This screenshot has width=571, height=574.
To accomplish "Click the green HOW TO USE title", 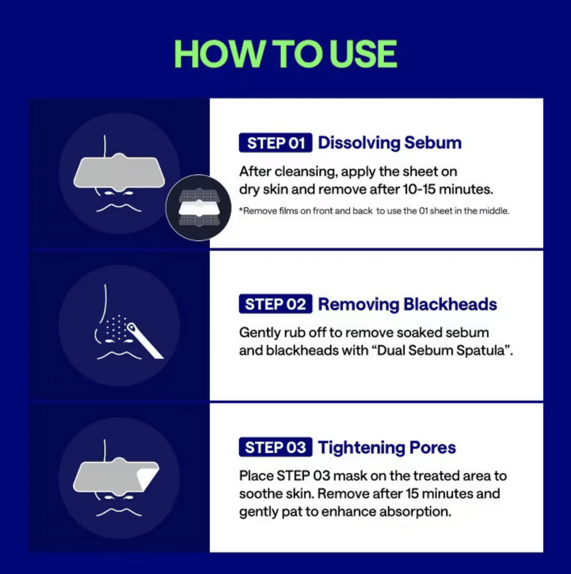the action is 285,54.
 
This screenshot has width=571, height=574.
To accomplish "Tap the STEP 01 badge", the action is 275,143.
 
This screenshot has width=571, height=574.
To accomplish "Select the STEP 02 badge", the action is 275,304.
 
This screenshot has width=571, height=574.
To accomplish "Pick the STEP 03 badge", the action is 275,447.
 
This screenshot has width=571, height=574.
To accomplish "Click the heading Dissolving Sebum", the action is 390,143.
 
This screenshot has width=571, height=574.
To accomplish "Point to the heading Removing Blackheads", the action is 407,304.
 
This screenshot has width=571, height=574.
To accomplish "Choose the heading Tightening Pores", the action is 387,448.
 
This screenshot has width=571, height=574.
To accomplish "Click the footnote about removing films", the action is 374,211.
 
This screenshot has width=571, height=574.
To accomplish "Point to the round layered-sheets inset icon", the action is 198,208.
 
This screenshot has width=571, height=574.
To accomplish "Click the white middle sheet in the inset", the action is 199,208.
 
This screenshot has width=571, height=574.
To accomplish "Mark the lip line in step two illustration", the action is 119,355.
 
